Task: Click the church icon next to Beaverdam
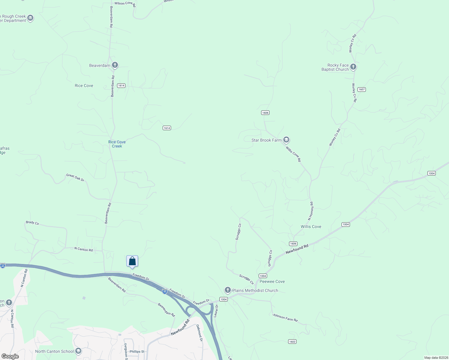coord(115,65)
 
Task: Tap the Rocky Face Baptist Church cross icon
coord(353,67)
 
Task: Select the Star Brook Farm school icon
coord(286,140)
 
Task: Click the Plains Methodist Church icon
coord(228,290)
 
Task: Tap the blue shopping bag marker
coord(132,261)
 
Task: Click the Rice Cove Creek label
coord(117,144)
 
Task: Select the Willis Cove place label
coord(311,226)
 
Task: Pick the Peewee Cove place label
coord(272,281)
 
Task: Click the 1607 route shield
coord(362,89)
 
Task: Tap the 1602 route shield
coord(292,341)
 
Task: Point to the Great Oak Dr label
coord(75,177)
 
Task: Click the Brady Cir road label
coord(32,223)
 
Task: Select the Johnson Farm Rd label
coord(285,317)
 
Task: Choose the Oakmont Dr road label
coord(200,333)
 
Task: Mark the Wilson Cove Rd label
coord(125,4)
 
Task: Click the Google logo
coord(10,356)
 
